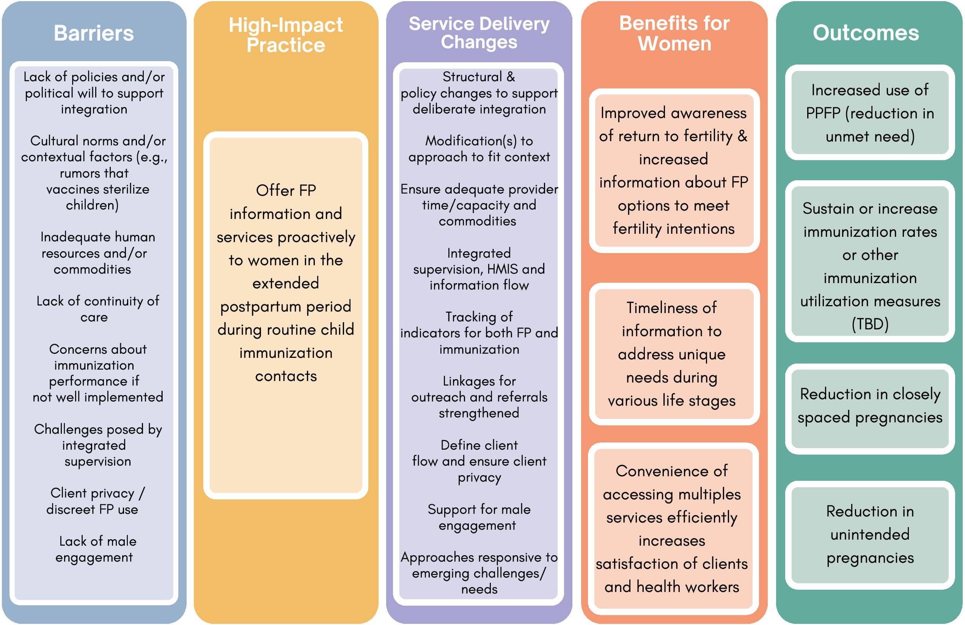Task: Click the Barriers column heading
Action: [x=94, y=33]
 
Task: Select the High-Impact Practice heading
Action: [x=286, y=35]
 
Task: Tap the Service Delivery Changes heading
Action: [x=479, y=33]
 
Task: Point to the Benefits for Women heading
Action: [x=674, y=33]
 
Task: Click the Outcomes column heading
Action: [x=866, y=33]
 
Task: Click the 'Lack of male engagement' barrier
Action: [x=96, y=549]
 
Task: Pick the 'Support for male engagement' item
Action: [x=479, y=517]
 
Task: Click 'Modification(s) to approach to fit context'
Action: [x=479, y=149]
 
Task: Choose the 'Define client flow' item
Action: [x=479, y=461]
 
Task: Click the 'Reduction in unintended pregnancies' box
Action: [x=870, y=534]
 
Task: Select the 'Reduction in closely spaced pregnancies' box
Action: [x=870, y=406]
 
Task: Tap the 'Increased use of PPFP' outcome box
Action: [x=870, y=113]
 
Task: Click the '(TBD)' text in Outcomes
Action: [x=870, y=324]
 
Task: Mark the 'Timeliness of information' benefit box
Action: [x=672, y=354]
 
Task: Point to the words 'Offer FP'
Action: [x=286, y=190]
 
